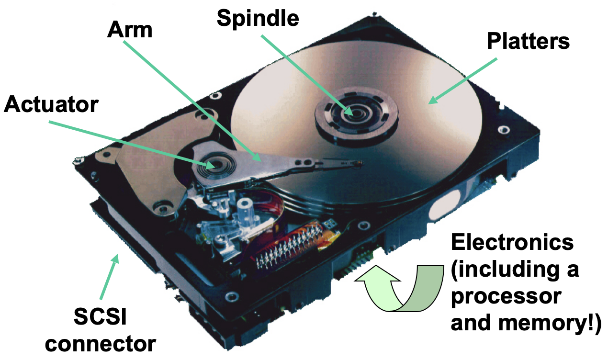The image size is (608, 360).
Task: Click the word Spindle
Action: pyautogui.click(x=258, y=19)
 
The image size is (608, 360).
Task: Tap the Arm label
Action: pyautogui.click(x=130, y=30)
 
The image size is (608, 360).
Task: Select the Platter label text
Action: pyautogui.click(x=521, y=41)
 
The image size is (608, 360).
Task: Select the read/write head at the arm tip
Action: pyautogui.click(x=357, y=164)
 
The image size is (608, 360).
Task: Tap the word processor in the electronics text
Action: pyautogui.click(x=503, y=297)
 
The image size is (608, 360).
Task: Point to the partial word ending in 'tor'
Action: pyautogui.click(x=81, y=105)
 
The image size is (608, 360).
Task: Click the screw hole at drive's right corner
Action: pyautogui.click(x=503, y=129)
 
